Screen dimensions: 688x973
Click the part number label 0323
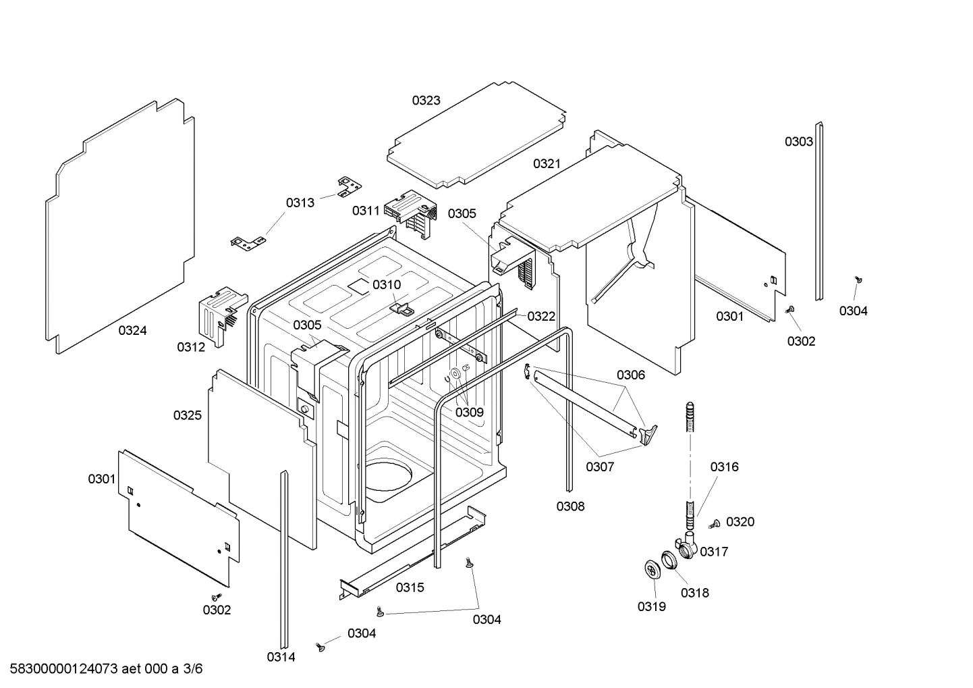coord(426,101)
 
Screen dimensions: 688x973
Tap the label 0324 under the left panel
coord(132,330)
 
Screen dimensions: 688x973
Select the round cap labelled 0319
coord(651,569)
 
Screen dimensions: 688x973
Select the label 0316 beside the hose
coord(723,467)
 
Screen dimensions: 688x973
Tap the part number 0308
coord(570,506)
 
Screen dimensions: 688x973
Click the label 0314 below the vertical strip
coord(281,657)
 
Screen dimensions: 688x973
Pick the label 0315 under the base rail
coord(410,587)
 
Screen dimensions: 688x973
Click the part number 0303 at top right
coord(798,141)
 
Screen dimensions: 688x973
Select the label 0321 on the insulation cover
coord(547,163)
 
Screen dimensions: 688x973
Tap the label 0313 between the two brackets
coord(300,203)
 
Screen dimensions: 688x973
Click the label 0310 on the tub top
coord(387,284)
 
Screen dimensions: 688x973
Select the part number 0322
coord(541,316)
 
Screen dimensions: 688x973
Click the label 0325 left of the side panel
coord(187,415)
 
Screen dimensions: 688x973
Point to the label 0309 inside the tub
coord(469,412)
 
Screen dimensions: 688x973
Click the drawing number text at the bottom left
coord(102,669)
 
